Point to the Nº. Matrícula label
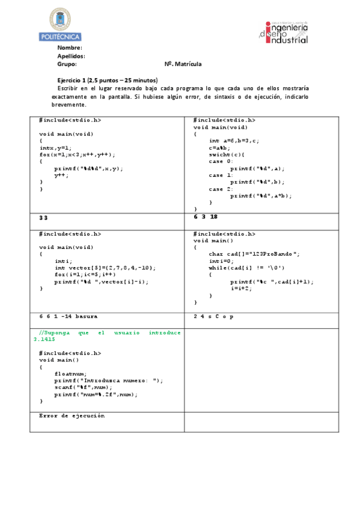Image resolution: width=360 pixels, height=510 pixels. tap(183, 64)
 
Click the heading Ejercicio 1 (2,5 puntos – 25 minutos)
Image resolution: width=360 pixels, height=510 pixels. tap(107, 80)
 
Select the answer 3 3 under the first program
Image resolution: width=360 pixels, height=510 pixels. tap(43, 217)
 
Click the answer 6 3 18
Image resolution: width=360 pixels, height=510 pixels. tap(206, 217)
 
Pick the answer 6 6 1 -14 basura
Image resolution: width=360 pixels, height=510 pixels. tap(68, 316)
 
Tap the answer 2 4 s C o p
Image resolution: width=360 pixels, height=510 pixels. tap(213, 316)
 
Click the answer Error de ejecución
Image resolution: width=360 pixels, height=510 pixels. tap(72, 416)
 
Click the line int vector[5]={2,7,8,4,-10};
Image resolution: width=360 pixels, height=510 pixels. tap(106, 268)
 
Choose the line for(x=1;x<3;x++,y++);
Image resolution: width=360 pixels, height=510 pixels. tap(78, 155)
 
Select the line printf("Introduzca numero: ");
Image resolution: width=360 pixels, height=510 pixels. tap(109, 381)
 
